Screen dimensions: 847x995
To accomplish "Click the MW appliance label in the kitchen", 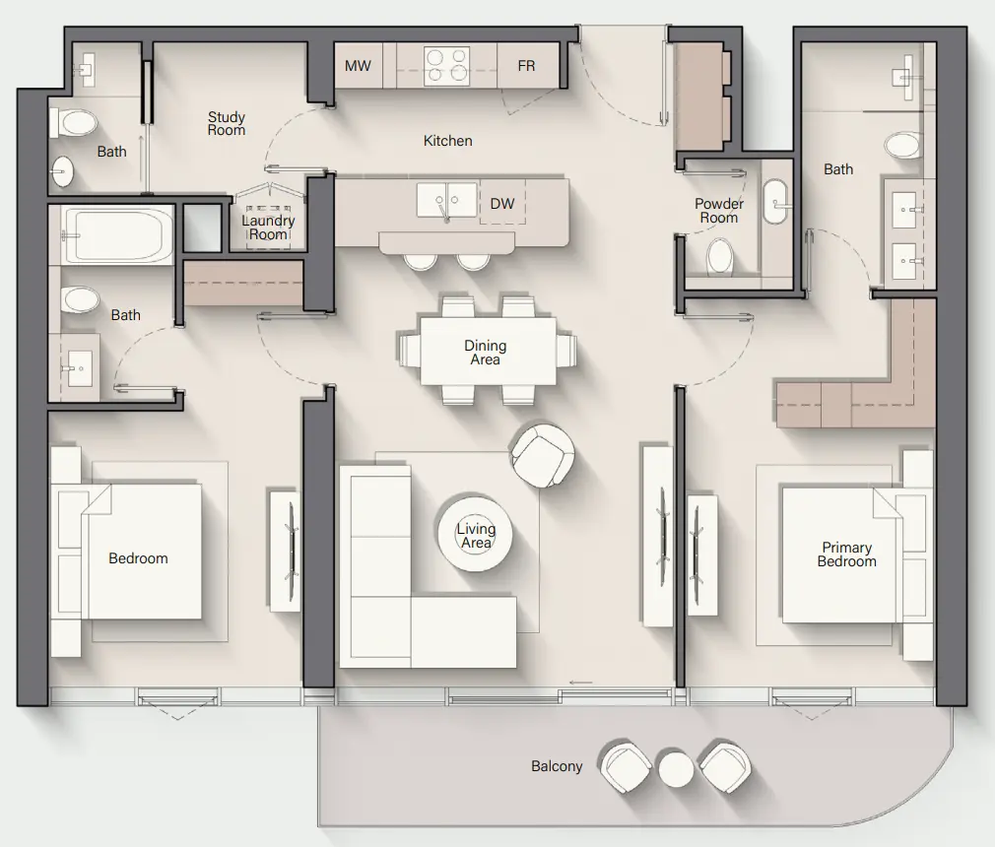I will (x=358, y=66).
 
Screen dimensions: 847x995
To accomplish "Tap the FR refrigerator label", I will (x=526, y=66).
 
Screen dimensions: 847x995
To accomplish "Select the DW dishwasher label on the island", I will (x=502, y=204).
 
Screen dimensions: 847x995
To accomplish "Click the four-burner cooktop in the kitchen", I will (x=446, y=65).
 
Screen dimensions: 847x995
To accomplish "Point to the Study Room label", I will (x=227, y=124).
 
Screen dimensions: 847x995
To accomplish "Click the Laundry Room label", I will (x=268, y=228).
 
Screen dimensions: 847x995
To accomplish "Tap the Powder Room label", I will (x=719, y=211).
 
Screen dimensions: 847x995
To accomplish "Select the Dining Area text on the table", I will (x=485, y=353).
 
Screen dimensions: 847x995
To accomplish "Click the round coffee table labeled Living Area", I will (x=475, y=536).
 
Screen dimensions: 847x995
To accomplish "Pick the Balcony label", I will (x=557, y=766).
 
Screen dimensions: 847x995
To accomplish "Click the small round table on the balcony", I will (x=676, y=768).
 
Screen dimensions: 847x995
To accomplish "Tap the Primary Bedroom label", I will (x=846, y=554).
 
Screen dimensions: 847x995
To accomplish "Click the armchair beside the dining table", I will (x=542, y=454).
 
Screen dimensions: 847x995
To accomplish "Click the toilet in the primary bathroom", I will (x=903, y=147).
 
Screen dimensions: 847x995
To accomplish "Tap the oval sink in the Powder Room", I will (x=775, y=202).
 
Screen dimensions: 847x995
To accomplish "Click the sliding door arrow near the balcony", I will (x=581, y=682).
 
